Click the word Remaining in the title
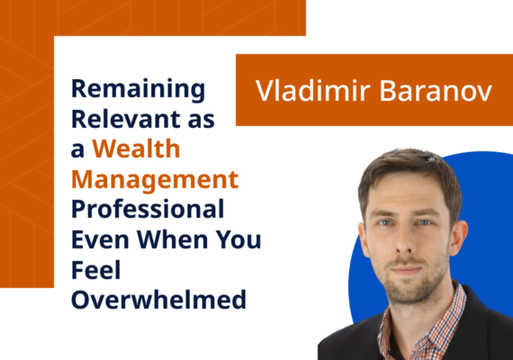point(138,89)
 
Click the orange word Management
point(155,179)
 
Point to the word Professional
point(148,209)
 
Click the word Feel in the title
point(90,269)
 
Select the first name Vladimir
point(302,91)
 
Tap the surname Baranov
point(427,91)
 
